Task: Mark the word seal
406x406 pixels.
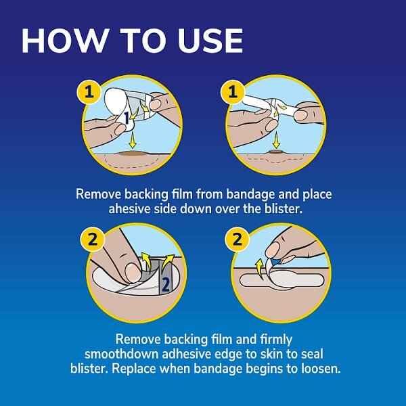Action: coord(307,353)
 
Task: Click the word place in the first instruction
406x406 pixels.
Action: coord(317,194)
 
